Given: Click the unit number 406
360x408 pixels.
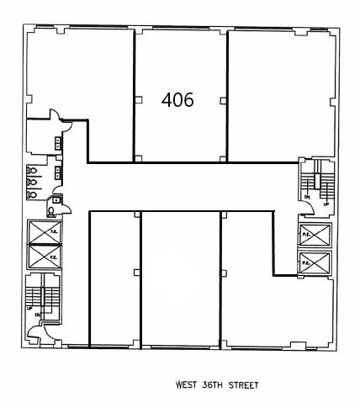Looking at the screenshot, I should [177, 100].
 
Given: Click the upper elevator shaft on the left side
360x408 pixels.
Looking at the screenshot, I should [44, 231].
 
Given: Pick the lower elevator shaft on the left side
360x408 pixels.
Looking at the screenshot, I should [44, 255].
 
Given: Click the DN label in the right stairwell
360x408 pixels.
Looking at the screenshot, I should [308, 197].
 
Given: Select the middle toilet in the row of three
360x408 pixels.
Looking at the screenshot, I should [31, 181].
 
